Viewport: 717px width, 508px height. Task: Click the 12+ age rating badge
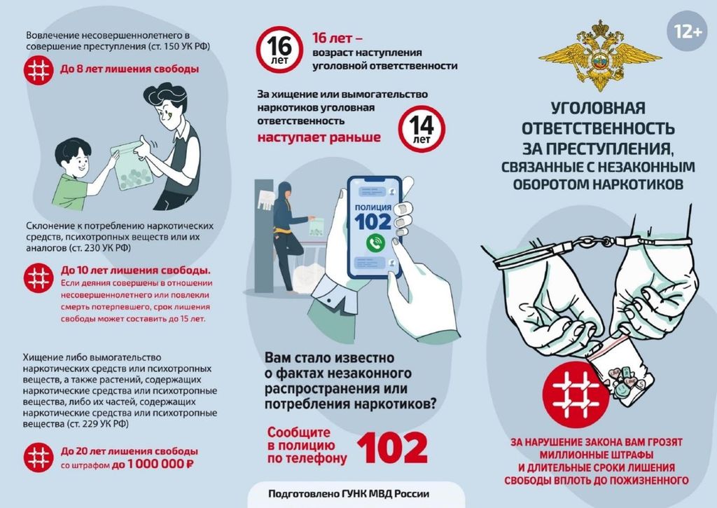click(688, 32)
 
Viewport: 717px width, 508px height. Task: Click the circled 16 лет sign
click(279, 50)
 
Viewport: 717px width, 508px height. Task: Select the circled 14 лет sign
click(421, 129)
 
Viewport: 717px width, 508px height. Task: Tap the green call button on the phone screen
click(375, 242)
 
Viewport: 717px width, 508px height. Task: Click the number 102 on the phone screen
click(373, 222)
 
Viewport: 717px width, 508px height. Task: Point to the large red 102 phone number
click(392, 448)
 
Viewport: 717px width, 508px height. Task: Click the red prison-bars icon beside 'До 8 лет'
click(39, 69)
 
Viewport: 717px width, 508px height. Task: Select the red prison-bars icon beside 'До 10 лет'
click(39, 277)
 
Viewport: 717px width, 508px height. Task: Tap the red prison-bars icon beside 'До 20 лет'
click(39, 457)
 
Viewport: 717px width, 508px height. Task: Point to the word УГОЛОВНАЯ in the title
click(598, 108)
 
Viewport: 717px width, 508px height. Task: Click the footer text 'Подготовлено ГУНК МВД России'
click(349, 494)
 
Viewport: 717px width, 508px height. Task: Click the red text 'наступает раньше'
click(319, 137)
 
